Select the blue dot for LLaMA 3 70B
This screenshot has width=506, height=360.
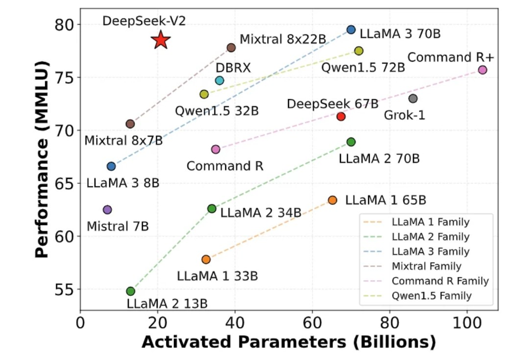pyautogui.click(x=351, y=30)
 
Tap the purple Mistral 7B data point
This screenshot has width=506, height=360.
pyautogui.click(x=107, y=210)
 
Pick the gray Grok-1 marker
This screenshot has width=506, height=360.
pyautogui.click(x=413, y=99)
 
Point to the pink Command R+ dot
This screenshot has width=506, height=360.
pyautogui.click(x=483, y=70)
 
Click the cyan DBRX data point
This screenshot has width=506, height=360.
pyautogui.click(x=219, y=80)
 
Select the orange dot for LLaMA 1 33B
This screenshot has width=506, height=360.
pyautogui.click(x=206, y=259)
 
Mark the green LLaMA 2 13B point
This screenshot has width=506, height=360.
pyautogui.click(x=130, y=291)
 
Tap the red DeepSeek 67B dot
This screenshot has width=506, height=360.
pyautogui.click(x=340, y=117)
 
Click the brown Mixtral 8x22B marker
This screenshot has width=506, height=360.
pyautogui.click(x=231, y=47)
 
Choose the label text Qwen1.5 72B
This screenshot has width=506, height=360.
pyautogui.click(x=363, y=68)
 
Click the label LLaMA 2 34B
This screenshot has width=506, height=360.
pyautogui.click(x=260, y=213)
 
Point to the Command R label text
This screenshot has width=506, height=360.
pyautogui.click(x=225, y=166)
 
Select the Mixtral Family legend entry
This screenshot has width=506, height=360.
pyautogui.click(x=426, y=266)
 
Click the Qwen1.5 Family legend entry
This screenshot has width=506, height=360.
pyautogui.click(x=431, y=296)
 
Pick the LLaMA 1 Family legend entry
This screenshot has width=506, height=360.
pyautogui.click(x=430, y=222)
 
